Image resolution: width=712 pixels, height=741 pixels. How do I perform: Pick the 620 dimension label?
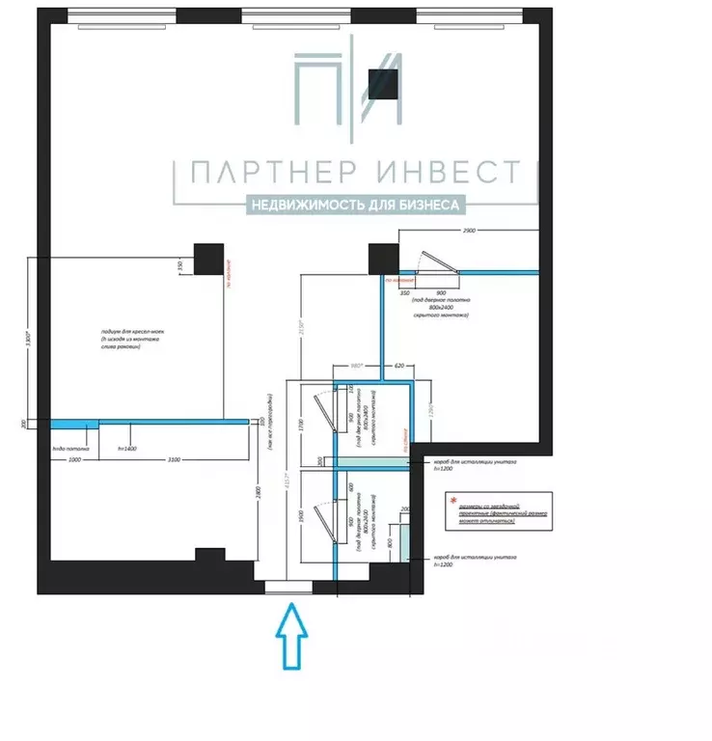(x=397, y=367)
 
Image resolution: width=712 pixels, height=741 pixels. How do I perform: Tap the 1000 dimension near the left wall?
(x=74, y=460)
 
